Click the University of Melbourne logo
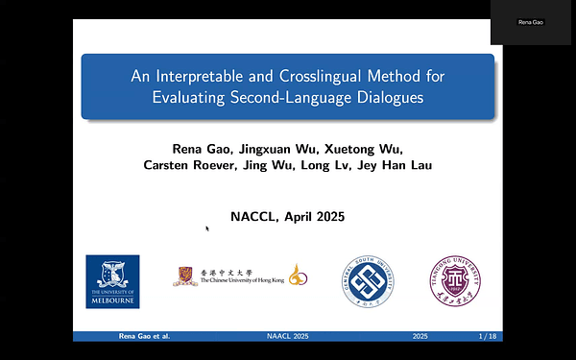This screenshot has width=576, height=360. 112,280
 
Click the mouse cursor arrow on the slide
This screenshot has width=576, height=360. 206,228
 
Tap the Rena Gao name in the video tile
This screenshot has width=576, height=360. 531,22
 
